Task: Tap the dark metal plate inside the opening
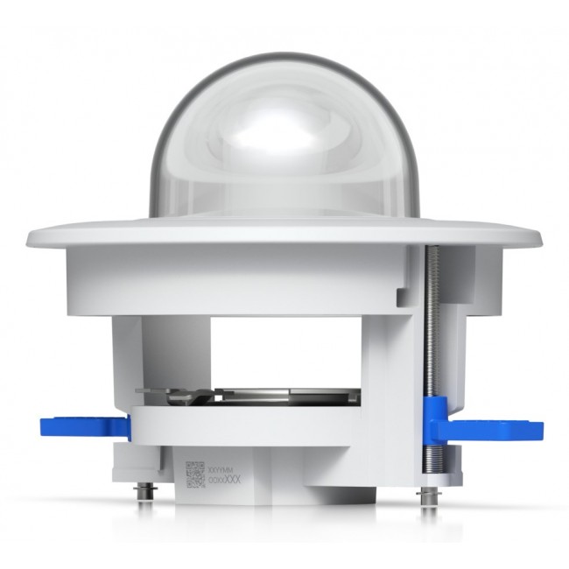tap(289, 396)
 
